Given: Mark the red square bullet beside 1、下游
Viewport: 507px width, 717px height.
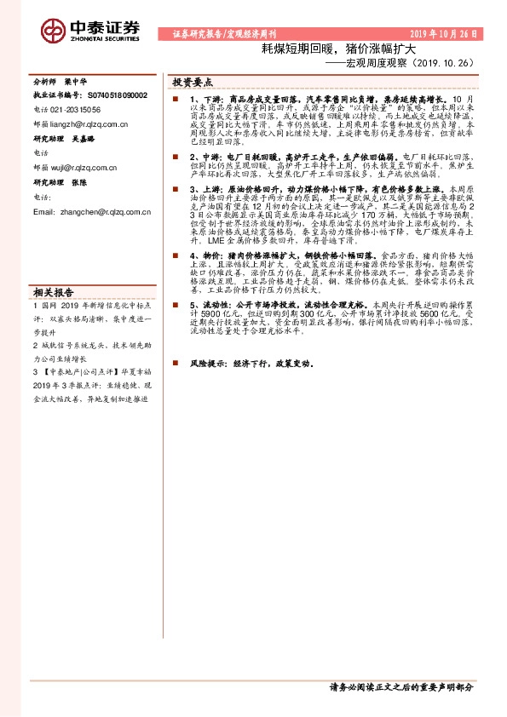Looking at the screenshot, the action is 173,100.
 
